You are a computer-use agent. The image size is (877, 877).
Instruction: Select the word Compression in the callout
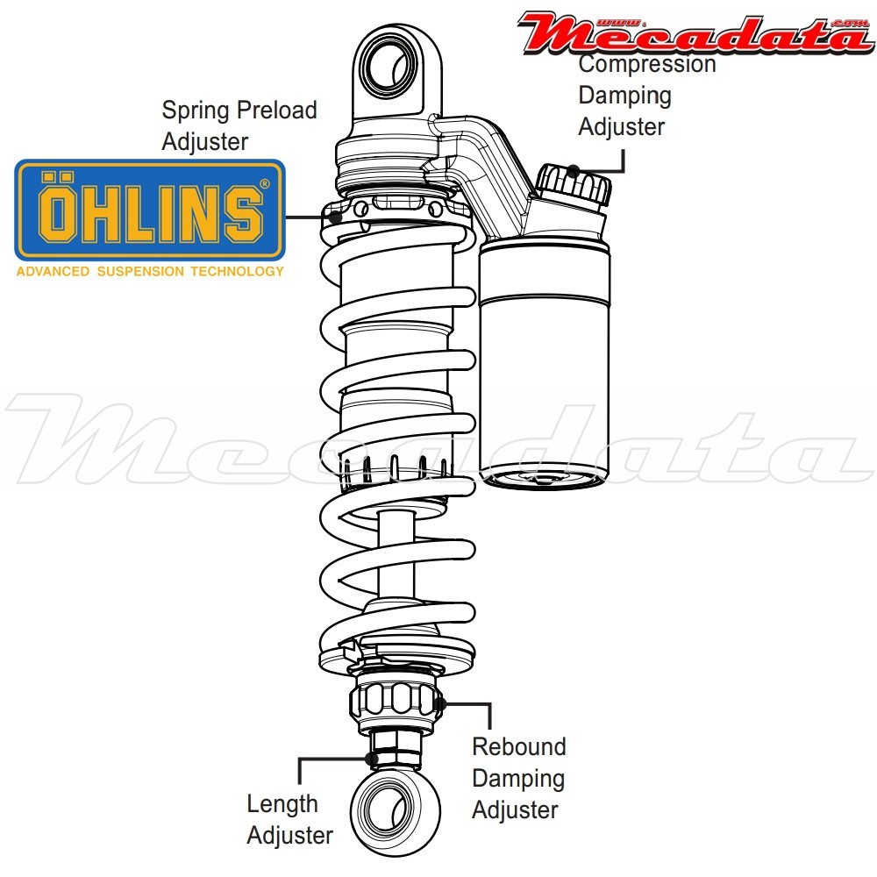point(647,64)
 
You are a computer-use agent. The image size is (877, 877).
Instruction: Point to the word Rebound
point(519,747)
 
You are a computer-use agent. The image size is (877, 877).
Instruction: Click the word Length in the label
point(282,804)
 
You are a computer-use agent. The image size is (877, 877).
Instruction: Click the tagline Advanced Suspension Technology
point(150,271)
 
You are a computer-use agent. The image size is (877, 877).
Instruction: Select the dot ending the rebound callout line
point(440,702)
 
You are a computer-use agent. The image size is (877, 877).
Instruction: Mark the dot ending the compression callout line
point(574,169)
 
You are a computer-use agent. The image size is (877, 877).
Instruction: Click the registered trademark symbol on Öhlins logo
point(265,185)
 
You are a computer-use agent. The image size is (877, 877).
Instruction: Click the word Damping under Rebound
point(518,779)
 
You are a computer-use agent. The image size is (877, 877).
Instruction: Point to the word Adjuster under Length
point(290,836)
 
